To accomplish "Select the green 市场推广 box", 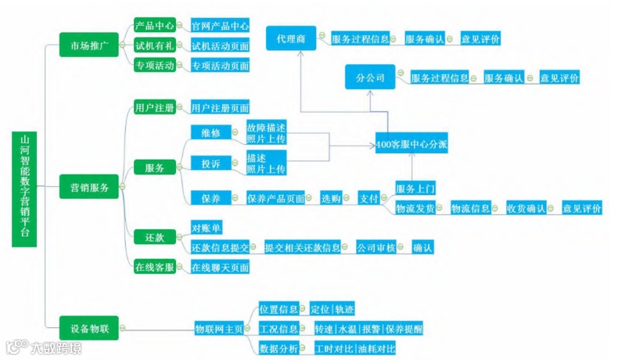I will point(89,46).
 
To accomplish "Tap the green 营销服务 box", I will point(89,187).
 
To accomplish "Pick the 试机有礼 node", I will point(154,45).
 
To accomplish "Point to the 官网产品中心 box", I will point(220,26).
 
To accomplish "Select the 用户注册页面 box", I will point(220,107).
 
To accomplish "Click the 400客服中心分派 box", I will point(411,145).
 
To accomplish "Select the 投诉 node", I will point(211,163).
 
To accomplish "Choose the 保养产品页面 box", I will point(275,199).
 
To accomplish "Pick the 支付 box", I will point(369,199).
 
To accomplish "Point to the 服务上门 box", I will point(415,189).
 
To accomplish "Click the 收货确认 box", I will point(525,208).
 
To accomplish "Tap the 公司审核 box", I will point(376,247).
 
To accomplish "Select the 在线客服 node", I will point(154,267).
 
